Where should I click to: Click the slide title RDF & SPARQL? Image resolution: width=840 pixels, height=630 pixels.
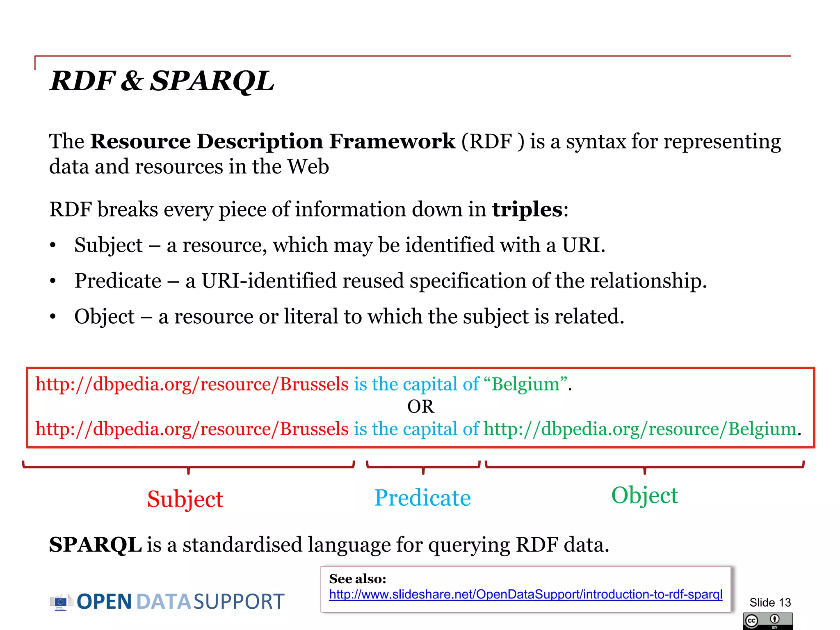pos(162,80)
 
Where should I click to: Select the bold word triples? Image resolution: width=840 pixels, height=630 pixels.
pos(527,210)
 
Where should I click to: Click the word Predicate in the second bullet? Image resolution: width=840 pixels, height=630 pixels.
pos(118,281)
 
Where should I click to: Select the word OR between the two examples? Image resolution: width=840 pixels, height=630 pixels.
pos(420,406)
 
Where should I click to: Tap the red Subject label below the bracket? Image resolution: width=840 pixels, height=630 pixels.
pos(185,499)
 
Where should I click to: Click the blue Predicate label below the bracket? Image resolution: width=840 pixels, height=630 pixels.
pos(422,498)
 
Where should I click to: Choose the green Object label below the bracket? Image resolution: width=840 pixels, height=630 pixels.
pos(644,495)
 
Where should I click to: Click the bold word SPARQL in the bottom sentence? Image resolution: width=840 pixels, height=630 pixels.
pos(95,545)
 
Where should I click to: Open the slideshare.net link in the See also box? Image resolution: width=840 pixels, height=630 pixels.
pos(525,594)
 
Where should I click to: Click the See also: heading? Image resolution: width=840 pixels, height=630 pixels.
pos(357,579)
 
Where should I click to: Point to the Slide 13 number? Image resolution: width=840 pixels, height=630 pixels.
pos(770,603)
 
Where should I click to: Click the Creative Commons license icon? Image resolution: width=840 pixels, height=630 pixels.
pos(767,621)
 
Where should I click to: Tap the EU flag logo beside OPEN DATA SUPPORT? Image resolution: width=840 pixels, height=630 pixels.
pos(61,602)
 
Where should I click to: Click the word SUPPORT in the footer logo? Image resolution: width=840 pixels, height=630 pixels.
pos(239,602)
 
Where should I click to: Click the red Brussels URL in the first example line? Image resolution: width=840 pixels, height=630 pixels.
pos(192,384)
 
